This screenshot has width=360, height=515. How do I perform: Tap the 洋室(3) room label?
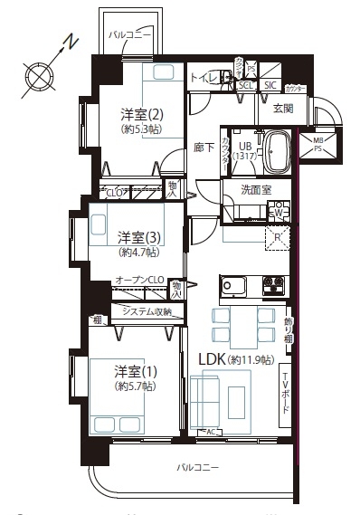139,237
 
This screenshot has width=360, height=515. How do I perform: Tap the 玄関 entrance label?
282,110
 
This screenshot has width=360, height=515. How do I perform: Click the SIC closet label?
270,86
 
